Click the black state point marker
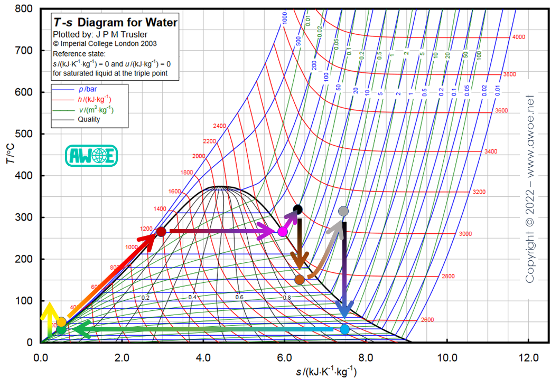[x=297, y=210]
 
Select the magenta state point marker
[x=283, y=232]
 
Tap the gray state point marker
[x=343, y=211]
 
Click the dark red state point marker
[x=161, y=232]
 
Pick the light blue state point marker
[x=344, y=329]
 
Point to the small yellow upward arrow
[x=49, y=319]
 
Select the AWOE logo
[x=91, y=156]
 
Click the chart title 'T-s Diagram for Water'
[x=115, y=22]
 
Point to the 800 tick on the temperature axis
[x=24, y=9]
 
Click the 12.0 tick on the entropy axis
[x=528, y=357]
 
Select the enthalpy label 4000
[x=518, y=37]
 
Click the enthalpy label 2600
[x=427, y=320]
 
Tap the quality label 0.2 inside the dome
[x=145, y=298]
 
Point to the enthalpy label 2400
[x=219, y=126]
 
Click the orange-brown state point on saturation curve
[x=300, y=280]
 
